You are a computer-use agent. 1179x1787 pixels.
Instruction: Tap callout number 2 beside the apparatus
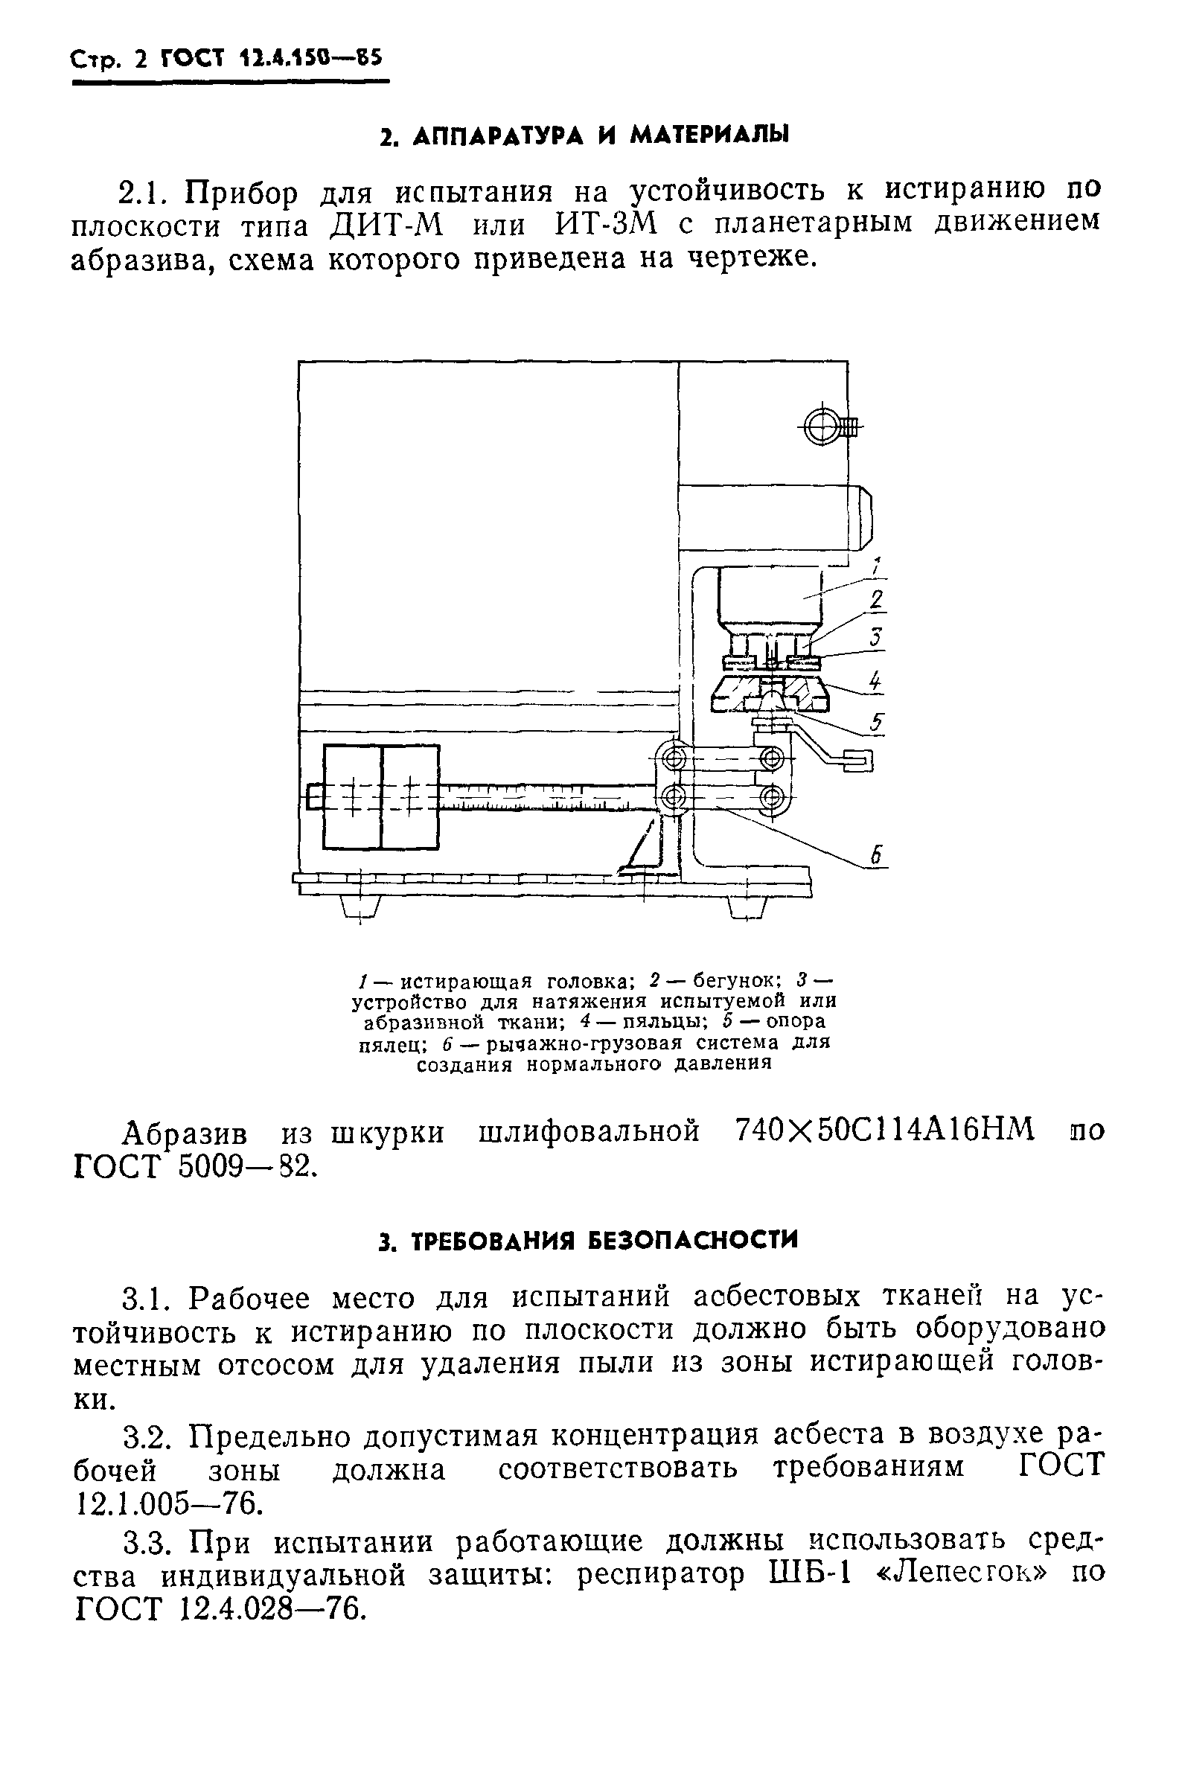pos(877,601)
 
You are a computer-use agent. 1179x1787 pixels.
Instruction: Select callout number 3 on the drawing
pos(876,639)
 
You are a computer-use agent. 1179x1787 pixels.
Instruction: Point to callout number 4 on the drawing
pos(875,682)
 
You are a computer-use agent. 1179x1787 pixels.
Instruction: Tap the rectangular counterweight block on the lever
pos(381,796)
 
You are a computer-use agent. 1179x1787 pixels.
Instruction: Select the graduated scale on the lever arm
pos(541,797)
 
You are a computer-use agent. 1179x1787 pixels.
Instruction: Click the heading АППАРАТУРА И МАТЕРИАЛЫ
pos(585,135)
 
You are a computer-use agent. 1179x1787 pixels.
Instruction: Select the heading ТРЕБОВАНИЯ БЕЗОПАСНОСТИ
pos(587,1240)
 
